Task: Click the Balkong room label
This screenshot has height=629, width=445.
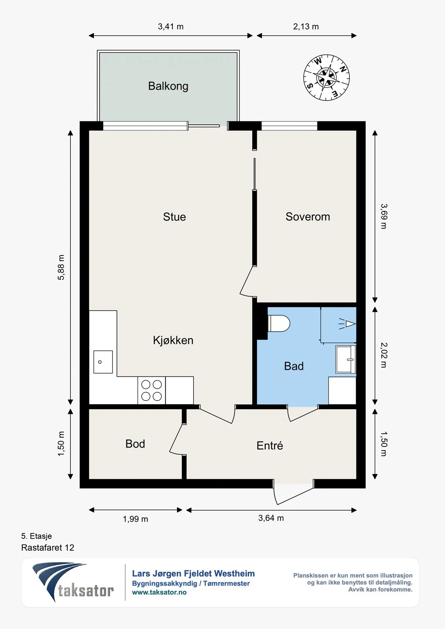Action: (168, 86)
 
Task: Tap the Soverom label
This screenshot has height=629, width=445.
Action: (308, 217)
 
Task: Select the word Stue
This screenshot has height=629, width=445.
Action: (174, 217)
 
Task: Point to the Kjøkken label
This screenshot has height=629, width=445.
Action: (173, 340)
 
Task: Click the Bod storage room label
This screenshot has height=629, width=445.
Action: (135, 444)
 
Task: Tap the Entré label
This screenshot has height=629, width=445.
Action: (270, 445)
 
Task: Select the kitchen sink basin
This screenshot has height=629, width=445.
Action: (103, 362)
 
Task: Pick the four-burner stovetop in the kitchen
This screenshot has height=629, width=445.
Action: (151, 390)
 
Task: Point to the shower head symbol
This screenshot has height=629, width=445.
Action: (347, 324)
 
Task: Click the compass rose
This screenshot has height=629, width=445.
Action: (326, 77)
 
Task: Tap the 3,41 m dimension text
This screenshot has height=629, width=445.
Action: (171, 27)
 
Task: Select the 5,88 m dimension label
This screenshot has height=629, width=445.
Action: (61, 267)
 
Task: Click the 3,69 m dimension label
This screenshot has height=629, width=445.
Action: (384, 216)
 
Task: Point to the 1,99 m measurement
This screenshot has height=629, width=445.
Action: (135, 519)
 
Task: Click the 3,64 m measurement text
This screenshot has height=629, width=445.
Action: (271, 518)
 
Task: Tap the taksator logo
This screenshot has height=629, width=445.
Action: (73, 583)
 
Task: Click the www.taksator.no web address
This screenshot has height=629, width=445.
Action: (159, 592)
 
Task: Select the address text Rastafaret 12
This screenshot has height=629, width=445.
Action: (48, 548)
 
